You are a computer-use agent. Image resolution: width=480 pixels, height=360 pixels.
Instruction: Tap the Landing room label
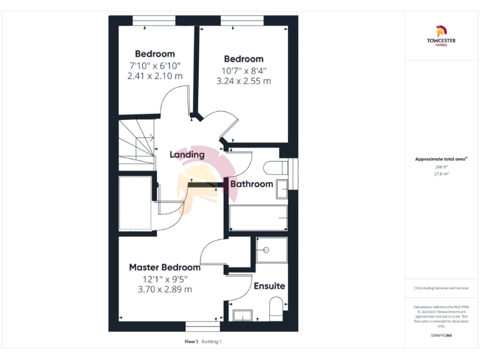(x=187, y=154)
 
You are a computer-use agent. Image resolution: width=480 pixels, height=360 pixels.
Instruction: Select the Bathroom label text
(x=251, y=184)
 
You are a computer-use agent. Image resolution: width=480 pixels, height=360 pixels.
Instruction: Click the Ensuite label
(x=269, y=286)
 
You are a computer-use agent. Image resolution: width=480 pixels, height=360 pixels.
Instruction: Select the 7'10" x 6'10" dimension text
(x=155, y=66)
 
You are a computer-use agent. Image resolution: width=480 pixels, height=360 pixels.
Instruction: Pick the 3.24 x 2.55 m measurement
(x=244, y=81)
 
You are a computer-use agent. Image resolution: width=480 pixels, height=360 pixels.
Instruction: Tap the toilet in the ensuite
(x=276, y=309)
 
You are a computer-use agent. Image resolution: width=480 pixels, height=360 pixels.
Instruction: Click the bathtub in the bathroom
(x=258, y=218)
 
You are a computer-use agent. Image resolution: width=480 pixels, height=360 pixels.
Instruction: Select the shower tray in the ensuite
(x=271, y=250)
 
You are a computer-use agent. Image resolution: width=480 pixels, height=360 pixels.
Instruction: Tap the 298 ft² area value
(x=441, y=167)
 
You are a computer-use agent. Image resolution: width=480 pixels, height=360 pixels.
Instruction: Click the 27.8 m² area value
(x=441, y=174)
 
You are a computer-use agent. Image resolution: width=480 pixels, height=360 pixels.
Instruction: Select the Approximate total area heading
(x=441, y=159)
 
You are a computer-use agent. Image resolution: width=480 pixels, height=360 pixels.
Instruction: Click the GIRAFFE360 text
(x=441, y=336)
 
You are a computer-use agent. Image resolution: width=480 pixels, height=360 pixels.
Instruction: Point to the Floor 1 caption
(x=191, y=342)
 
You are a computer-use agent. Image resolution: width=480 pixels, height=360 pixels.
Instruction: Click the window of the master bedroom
(x=203, y=326)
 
